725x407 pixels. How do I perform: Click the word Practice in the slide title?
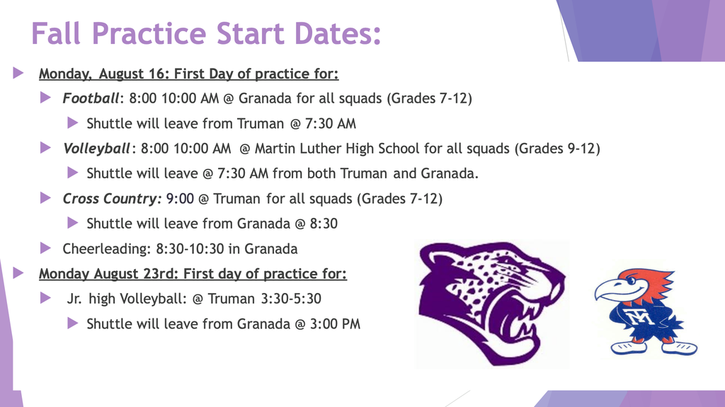coord(149,33)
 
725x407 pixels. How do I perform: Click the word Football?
coord(91,98)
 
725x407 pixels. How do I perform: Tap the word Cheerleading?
coord(105,249)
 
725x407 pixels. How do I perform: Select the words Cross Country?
coord(111,199)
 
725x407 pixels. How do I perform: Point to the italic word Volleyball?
coord(96,149)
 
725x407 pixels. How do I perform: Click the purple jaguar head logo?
coord(491,304)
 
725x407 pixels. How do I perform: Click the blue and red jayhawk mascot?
coord(646,311)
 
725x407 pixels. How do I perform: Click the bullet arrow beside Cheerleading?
coord(45,248)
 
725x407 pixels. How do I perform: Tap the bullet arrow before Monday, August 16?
coord(18,73)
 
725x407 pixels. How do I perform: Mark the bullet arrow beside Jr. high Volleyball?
coord(45,298)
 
